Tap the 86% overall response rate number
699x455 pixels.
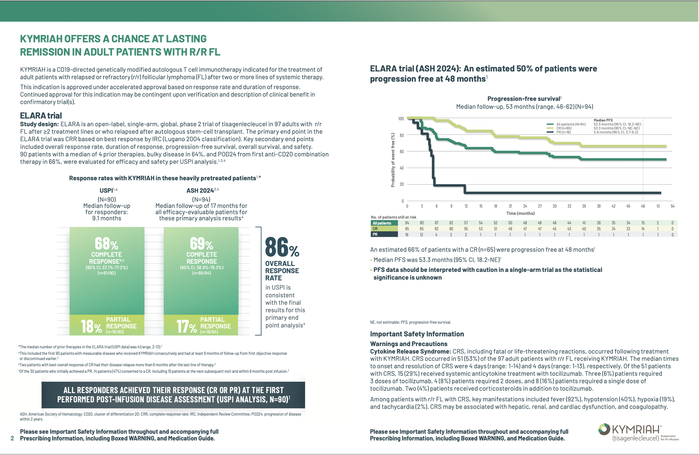click(282, 247)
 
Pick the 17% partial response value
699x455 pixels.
click(186, 327)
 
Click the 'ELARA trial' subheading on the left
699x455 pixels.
click(41, 115)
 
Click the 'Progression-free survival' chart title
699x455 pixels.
click(524, 99)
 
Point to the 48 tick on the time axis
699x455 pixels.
click(643, 206)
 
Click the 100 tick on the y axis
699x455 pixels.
click(401, 119)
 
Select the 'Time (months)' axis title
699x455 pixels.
click(520, 213)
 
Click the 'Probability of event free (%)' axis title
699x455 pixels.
click(393, 160)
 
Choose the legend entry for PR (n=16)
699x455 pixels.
click(564, 132)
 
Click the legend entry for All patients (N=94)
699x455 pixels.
click(571, 124)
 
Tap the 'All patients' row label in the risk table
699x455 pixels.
click(382, 223)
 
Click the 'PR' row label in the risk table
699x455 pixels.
click(375, 234)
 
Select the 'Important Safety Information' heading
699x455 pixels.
click(417, 334)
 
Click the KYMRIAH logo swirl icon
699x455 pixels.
click(604, 429)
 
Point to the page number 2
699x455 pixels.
click(13, 438)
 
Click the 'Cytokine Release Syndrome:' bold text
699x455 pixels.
click(410, 351)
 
